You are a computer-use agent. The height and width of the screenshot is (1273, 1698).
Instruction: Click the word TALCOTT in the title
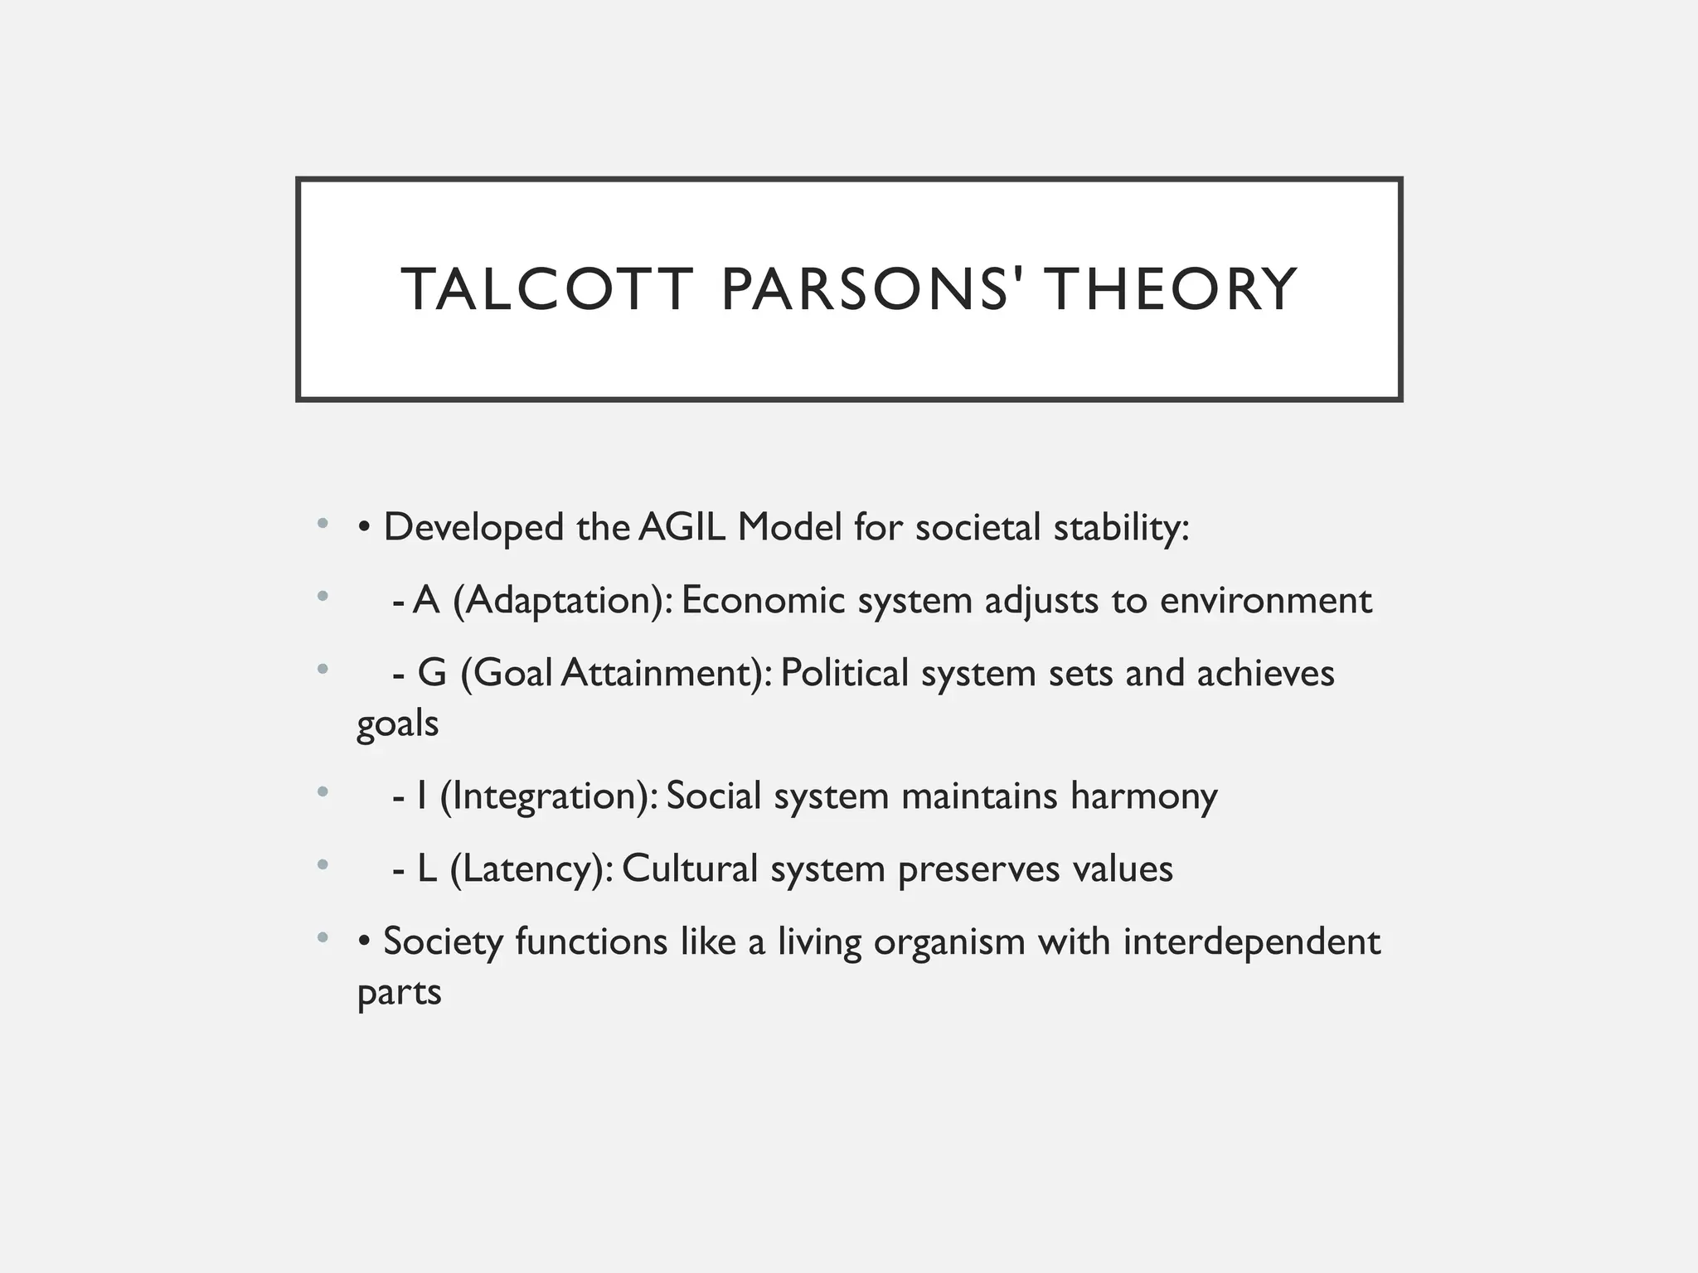pyautogui.click(x=546, y=289)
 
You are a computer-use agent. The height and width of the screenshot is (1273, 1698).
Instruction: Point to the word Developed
pyautogui.click(x=473, y=527)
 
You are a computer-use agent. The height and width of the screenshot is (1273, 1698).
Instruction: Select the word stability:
pyautogui.click(x=1121, y=527)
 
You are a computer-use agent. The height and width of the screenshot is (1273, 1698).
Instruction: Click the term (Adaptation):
pyautogui.click(x=563, y=600)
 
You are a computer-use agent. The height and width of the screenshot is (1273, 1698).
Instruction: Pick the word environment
pyautogui.click(x=1266, y=600)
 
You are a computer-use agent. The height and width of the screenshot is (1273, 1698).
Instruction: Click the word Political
pyautogui.click(x=845, y=672)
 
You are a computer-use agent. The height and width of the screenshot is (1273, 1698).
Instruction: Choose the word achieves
pyautogui.click(x=1265, y=672)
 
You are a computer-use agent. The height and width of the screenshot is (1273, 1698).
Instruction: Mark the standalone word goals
pyautogui.click(x=397, y=724)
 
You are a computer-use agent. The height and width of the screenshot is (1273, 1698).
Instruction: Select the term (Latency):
pyautogui.click(x=531, y=869)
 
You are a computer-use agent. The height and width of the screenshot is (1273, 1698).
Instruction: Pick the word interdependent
pyautogui.click(x=1252, y=941)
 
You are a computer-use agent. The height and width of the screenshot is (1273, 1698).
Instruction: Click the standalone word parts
pyautogui.click(x=399, y=993)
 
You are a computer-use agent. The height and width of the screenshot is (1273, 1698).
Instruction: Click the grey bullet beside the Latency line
pyautogui.click(x=323, y=866)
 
